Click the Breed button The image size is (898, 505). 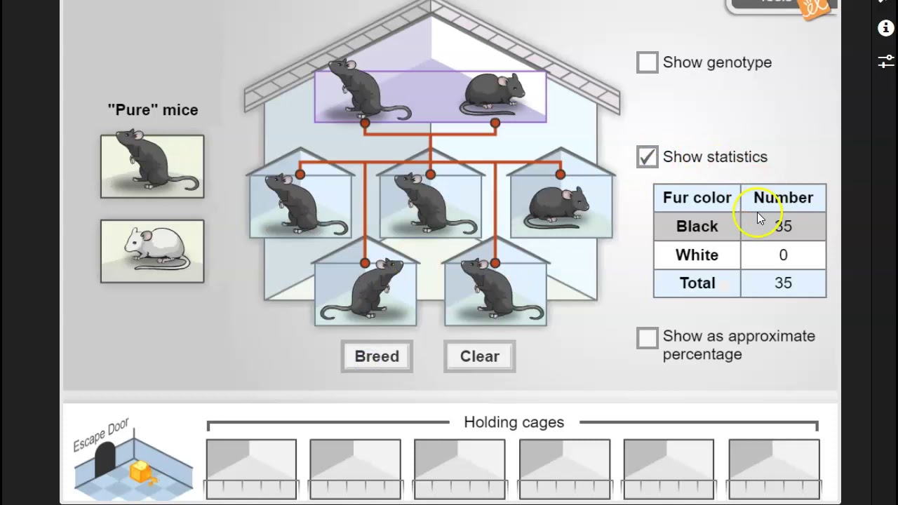click(377, 356)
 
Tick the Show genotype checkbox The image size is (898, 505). click(647, 62)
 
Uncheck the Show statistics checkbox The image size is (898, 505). click(647, 156)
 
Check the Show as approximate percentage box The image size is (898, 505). click(647, 338)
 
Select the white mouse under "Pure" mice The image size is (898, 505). click(152, 251)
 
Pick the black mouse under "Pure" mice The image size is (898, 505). click(152, 166)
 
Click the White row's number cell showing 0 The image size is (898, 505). click(783, 255)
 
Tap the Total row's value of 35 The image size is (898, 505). click(783, 283)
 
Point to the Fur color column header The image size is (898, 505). click(697, 198)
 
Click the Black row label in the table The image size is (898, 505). click(697, 227)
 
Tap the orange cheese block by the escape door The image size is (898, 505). click(140, 471)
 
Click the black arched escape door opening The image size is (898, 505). click(105, 459)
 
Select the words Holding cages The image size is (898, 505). click(514, 422)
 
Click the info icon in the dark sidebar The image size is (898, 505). click(885, 28)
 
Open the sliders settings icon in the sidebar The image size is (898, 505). click(885, 61)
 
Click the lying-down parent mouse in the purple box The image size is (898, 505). click(492, 95)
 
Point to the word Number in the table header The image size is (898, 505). click(783, 198)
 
